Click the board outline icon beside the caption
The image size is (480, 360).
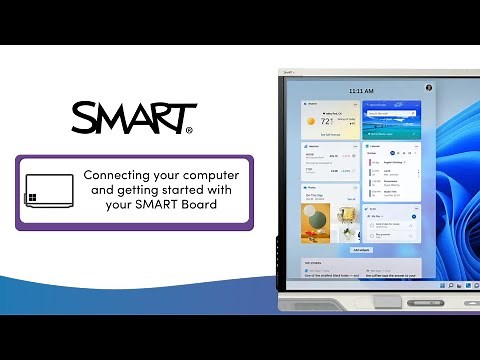tap(49, 191)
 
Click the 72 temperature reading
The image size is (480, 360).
tap(325, 120)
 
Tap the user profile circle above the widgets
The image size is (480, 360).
tap(429, 88)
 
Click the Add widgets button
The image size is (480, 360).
tap(361, 249)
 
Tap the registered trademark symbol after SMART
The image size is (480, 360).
tap(190, 129)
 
